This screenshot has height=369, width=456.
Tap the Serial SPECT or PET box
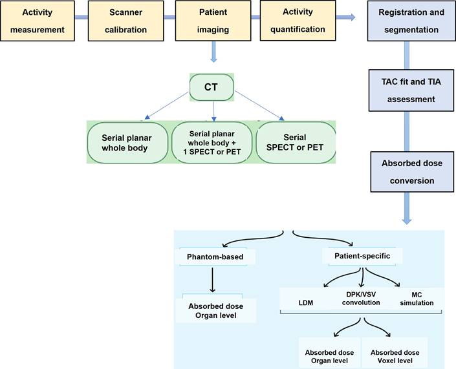296,142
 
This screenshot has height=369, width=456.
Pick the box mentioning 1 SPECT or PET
212,142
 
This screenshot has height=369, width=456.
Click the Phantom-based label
216,257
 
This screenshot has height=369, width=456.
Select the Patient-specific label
364,257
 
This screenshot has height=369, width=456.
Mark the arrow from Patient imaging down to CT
213,52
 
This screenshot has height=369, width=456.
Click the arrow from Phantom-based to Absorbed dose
213,279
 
